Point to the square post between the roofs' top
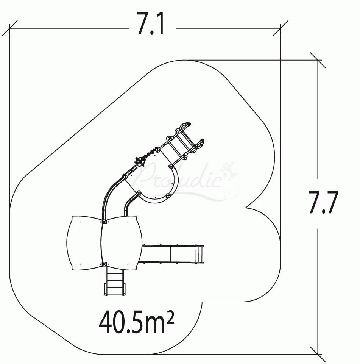point(104,222)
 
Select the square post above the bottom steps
point(104,264)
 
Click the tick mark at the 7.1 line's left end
point(10,28)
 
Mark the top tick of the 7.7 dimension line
point(318,60)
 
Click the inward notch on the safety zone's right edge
point(247,207)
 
